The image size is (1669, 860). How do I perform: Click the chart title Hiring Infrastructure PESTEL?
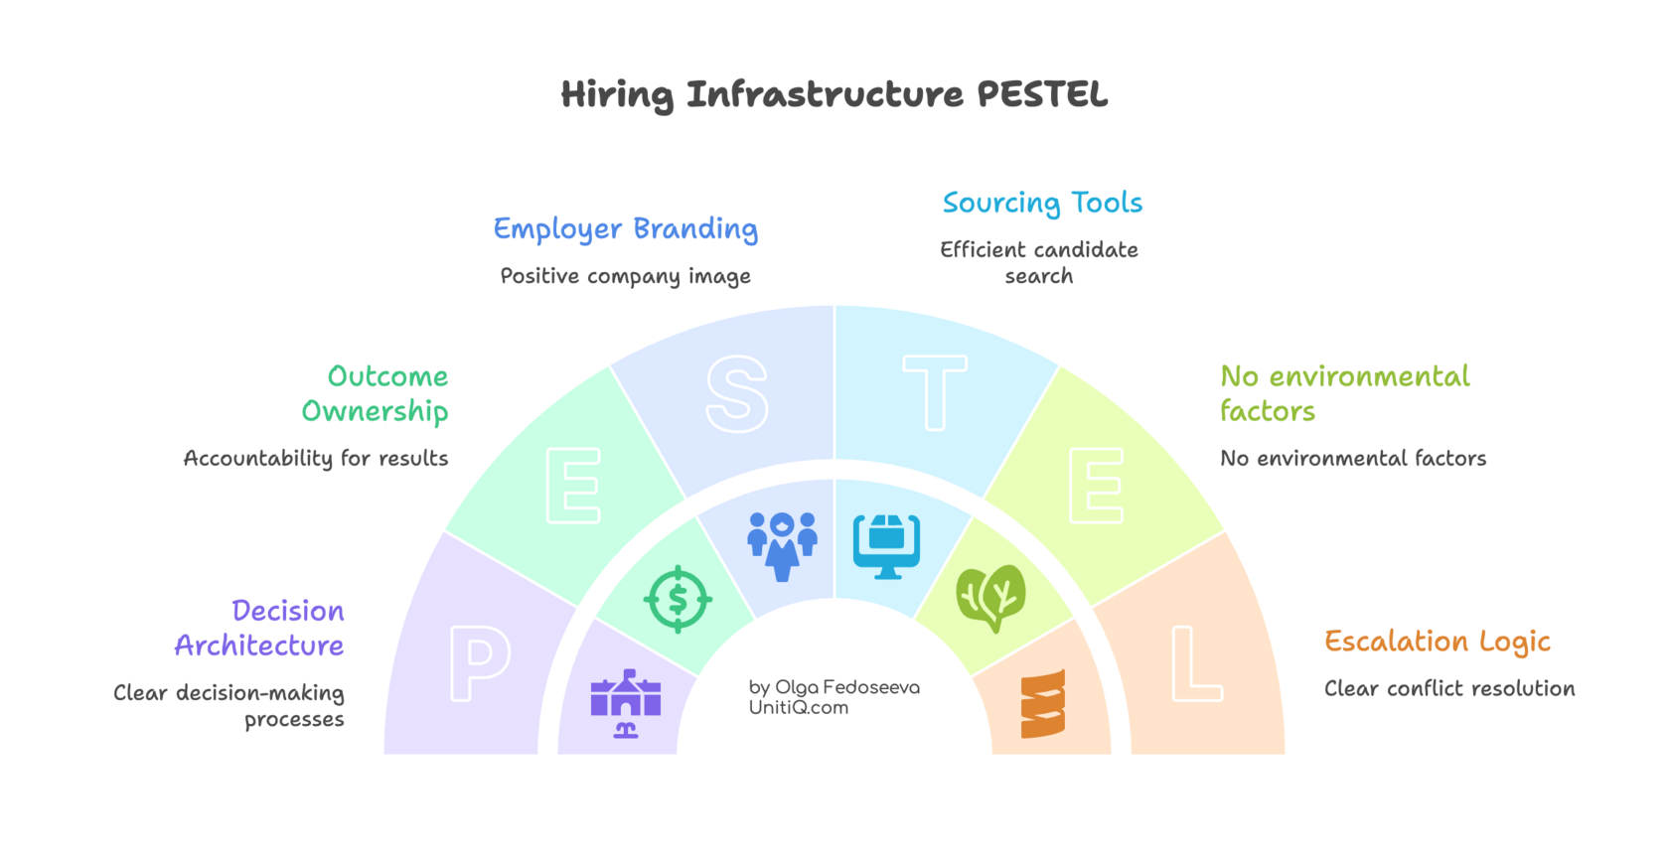pos(834,95)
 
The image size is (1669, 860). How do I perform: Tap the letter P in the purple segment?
pos(480,663)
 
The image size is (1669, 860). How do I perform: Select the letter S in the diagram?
pos(736,394)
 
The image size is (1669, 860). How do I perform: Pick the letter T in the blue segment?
pos(935,393)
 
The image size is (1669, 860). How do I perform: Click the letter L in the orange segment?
pos(1195,663)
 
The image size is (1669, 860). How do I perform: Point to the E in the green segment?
pos(573,486)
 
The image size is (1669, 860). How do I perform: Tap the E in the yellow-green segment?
pos(1096,486)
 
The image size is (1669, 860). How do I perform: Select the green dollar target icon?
pos(678,599)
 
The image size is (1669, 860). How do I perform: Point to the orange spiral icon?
pos(1043,703)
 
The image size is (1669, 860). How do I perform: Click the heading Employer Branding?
pos(626,229)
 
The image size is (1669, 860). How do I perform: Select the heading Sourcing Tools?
pos(1042,204)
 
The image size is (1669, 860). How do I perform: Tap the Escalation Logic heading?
pos(1437,643)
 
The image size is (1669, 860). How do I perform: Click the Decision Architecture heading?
pos(260,628)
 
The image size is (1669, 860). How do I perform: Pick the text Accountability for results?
pos(316,458)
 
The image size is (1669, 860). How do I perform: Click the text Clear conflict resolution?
pos(1449,688)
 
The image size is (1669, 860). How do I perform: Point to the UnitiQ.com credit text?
pos(799,707)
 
